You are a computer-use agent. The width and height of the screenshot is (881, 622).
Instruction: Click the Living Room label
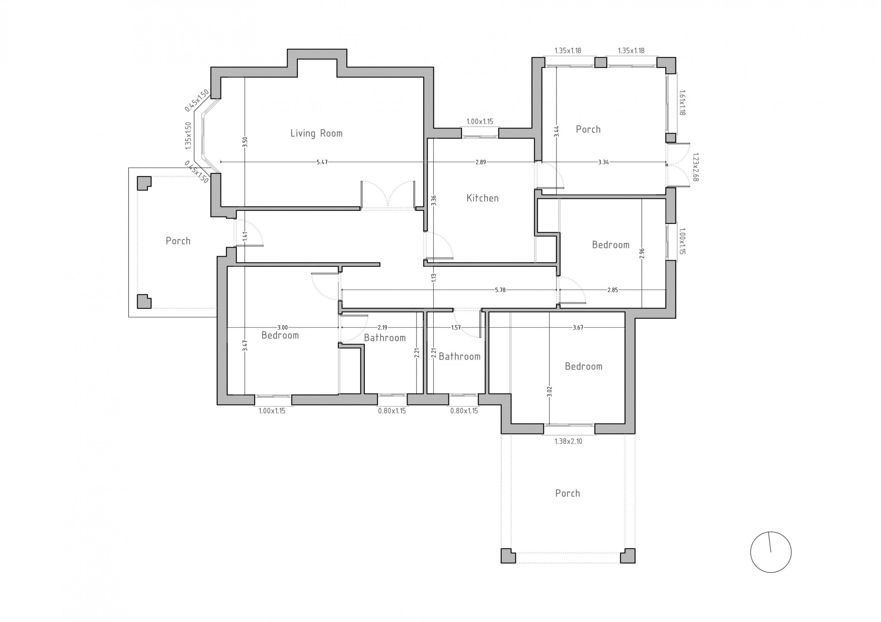pos(316,134)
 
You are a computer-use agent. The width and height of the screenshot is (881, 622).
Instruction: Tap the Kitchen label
pos(482,198)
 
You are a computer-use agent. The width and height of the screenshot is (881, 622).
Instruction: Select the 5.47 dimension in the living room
pos(322,162)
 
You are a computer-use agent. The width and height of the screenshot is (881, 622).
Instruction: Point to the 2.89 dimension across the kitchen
pos(480,162)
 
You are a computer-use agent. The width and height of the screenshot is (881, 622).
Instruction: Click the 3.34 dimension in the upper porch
pos(603,162)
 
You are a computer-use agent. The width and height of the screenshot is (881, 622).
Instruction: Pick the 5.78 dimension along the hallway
pos(500,290)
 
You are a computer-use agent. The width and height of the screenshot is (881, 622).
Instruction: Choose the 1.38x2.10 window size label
pos(568,441)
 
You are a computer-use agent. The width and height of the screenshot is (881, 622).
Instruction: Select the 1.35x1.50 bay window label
pos(188,136)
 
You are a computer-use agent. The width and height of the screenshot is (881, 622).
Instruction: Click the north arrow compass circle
pos(771,552)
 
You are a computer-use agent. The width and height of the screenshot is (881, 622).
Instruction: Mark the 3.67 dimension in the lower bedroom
pos(578,327)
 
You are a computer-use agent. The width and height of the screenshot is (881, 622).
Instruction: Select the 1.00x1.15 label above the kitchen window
pos(480,122)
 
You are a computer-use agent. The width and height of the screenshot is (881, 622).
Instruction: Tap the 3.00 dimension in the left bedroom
pos(283,327)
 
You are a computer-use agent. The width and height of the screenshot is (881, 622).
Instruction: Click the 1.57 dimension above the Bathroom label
pos(456,327)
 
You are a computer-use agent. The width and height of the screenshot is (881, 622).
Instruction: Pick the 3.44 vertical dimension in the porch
pos(556,131)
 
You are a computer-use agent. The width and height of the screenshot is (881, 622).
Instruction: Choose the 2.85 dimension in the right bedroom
pos(613,290)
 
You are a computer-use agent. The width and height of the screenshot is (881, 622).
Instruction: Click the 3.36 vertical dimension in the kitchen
pos(434,201)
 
